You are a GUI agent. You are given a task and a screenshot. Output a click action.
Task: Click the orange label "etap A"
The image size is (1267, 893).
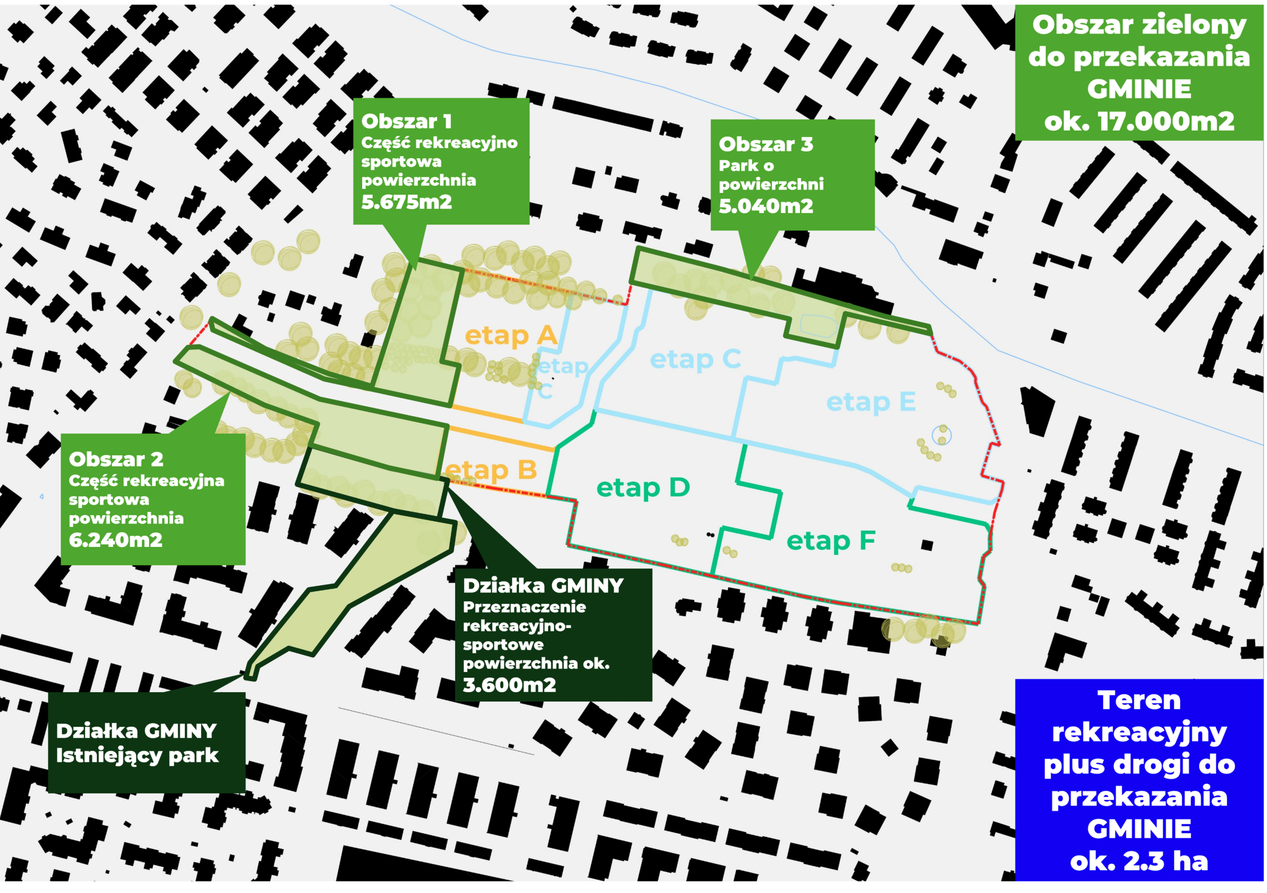(x=510, y=335)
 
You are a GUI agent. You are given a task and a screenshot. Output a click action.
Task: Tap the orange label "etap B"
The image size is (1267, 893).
(x=490, y=470)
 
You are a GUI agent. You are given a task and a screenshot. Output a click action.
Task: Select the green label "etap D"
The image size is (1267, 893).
(x=643, y=488)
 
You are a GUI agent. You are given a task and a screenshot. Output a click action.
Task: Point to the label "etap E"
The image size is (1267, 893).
(x=871, y=402)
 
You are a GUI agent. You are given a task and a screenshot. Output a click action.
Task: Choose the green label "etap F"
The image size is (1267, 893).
(x=830, y=541)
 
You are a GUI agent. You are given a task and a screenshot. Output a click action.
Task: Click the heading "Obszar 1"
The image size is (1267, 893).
(x=406, y=121)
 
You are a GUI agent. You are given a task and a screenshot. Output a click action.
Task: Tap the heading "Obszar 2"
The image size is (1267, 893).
(x=116, y=459)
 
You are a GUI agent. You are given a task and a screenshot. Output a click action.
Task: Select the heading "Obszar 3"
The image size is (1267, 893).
(x=765, y=144)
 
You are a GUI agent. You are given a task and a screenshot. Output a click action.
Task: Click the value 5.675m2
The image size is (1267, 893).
(x=406, y=202)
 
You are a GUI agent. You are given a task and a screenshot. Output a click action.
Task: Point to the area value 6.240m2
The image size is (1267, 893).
(x=115, y=539)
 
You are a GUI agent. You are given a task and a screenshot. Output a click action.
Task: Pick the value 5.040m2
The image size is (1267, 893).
(x=765, y=206)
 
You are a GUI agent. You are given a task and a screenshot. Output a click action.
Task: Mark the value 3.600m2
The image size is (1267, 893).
(x=509, y=685)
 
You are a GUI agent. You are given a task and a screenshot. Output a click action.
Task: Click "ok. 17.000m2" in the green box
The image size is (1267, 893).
(x=1139, y=121)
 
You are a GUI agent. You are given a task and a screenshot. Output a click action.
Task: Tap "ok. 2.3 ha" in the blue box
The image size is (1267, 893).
(x=1139, y=861)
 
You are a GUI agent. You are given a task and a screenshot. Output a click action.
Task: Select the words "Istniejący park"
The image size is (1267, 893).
(x=137, y=755)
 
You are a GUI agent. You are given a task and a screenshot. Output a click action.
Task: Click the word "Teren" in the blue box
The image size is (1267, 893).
(x=1139, y=700)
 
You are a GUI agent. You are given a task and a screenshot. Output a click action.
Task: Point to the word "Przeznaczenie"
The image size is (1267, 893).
(x=524, y=606)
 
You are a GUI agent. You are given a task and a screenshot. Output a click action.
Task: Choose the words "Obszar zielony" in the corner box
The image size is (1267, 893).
(x=1139, y=25)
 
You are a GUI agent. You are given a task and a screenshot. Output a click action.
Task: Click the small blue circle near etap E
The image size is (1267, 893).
(x=941, y=436)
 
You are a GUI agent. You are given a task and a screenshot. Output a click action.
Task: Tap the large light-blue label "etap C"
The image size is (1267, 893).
(x=695, y=359)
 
